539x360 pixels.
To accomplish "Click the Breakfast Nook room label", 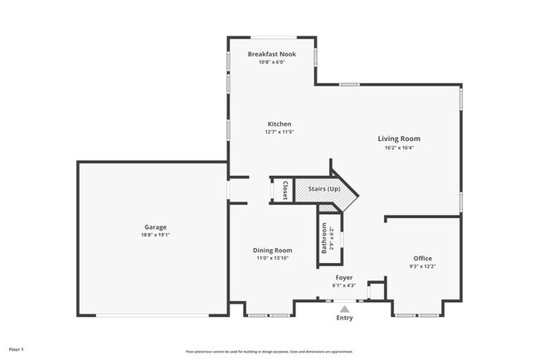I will (x=271, y=54).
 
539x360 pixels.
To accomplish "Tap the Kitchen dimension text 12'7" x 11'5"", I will (x=279, y=132).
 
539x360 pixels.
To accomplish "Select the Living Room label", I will (x=399, y=139).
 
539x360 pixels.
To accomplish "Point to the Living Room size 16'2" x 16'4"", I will (x=399, y=148).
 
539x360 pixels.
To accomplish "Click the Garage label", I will (x=155, y=226).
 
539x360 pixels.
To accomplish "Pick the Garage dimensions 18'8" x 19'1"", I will (x=155, y=235).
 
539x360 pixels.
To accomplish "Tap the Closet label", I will (x=284, y=190).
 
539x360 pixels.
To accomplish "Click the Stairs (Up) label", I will (x=324, y=189).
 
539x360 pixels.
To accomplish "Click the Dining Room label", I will (x=272, y=250).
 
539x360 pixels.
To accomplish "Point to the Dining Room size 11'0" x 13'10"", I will (x=272, y=258).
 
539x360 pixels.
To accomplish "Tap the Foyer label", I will (x=344, y=277).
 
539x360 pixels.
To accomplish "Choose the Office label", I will (x=423, y=258).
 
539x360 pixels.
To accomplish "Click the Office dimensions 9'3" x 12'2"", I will (x=423, y=266).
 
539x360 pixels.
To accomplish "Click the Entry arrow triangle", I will (x=344, y=309).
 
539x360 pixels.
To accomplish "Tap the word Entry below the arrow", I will (x=344, y=318).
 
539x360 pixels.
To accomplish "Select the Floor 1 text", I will (x=17, y=349).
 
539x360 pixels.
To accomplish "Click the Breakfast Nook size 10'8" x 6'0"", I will (x=271, y=62).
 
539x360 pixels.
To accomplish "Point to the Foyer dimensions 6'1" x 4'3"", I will (x=344, y=285).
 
